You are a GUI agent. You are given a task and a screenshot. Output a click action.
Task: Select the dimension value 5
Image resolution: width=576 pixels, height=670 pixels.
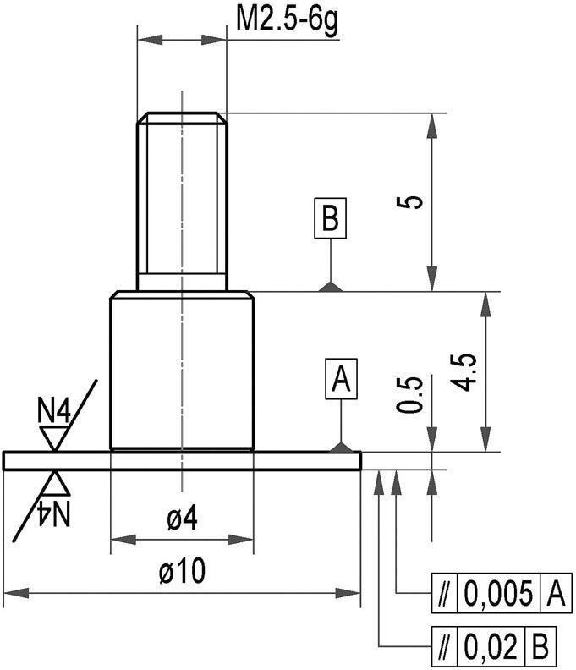coord(413,202)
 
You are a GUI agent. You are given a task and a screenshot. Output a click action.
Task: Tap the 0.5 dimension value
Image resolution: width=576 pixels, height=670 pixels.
coord(410,394)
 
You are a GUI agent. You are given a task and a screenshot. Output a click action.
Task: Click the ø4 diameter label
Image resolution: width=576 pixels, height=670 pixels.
coord(182,520)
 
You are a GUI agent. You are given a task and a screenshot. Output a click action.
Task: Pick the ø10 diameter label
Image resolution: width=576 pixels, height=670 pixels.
coord(182,573)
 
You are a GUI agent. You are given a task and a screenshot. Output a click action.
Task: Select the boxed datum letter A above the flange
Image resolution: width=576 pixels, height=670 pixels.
coord(342,380)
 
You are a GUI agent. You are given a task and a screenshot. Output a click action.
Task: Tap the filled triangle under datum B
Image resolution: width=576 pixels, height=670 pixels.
coord(331,287)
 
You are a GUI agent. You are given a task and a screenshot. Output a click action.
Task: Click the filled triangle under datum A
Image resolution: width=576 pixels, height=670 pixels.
coord(342,446)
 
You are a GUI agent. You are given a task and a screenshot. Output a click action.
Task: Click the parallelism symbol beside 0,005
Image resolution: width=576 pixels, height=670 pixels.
coord(443,595)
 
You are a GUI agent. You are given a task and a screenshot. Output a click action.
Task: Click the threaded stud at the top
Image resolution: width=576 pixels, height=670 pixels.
coord(182,199)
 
